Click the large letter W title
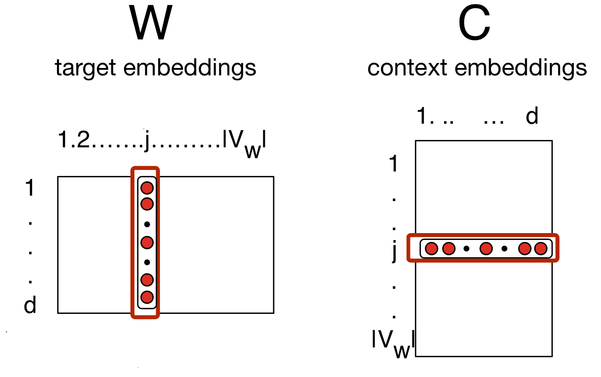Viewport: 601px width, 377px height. pyautogui.click(x=152, y=24)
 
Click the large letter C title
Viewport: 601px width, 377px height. pyautogui.click(x=474, y=24)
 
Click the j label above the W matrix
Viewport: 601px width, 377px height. pyautogui.click(x=147, y=142)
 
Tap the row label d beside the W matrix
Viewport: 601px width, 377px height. pyautogui.click(x=30, y=306)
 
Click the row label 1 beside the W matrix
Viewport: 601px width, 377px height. pyautogui.click(x=30, y=189)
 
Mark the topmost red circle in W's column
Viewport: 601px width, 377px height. pyautogui.click(x=147, y=188)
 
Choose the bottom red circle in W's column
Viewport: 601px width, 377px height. pyautogui.click(x=147, y=297)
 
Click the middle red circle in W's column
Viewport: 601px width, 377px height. pyautogui.click(x=147, y=242)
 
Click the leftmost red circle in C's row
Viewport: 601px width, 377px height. pyautogui.click(x=432, y=249)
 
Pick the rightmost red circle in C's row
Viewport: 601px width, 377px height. pyautogui.click(x=540, y=249)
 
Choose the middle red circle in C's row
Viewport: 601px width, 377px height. pyautogui.click(x=486, y=249)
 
